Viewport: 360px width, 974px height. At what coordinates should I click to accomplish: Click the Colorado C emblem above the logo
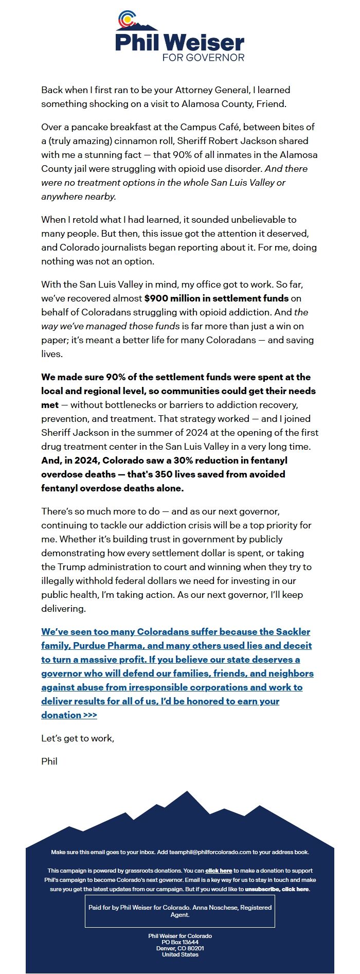click(126, 20)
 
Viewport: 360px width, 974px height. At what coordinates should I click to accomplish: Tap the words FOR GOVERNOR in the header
click(203, 57)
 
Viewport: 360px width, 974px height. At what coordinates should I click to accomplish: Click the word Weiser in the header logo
click(205, 42)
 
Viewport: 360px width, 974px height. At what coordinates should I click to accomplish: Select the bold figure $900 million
click(170, 298)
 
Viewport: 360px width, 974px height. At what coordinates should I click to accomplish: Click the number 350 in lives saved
click(163, 474)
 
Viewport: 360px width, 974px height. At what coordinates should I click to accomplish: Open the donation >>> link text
click(69, 715)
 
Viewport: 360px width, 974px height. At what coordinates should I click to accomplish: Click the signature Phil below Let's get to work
click(49, 762)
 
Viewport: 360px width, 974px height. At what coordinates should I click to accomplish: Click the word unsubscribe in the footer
click(262, 889)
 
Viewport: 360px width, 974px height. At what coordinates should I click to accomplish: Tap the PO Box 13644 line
click(180, 942)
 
